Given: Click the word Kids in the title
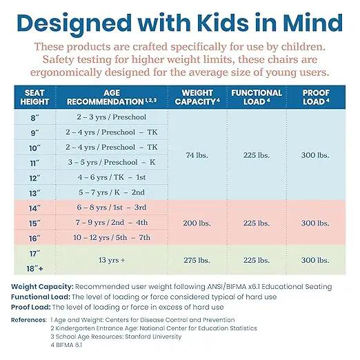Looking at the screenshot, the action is coord(223,23).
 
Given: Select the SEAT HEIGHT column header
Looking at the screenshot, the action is coord(34,97).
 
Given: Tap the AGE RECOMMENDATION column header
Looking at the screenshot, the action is coord(112,97).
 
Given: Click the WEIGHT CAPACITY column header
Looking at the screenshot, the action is coord(197,97).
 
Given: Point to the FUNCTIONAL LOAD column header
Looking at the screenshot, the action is coord(257,97).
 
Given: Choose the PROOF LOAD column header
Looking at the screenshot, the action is coord(316,97).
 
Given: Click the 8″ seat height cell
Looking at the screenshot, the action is coord(34,118).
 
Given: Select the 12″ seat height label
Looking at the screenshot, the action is coord(34,178).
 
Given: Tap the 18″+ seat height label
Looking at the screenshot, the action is coord(34,268).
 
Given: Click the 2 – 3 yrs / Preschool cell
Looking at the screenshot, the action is coord(112,117).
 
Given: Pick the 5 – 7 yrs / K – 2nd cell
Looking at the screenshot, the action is coord(112,192).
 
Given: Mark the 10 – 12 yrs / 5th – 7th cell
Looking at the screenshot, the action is coord(112,237).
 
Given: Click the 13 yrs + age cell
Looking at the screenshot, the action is coord(112,260).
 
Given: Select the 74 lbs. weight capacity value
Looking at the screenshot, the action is coord(197,155).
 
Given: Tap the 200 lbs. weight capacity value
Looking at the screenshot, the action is coord(197,223).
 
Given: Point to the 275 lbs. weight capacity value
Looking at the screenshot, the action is coord(197,260).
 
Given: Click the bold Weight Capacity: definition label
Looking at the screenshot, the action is coord(42,287).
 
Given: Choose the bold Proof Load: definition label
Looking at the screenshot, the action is coord(31,307).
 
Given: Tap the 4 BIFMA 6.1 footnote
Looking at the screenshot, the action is coord(66,345).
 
